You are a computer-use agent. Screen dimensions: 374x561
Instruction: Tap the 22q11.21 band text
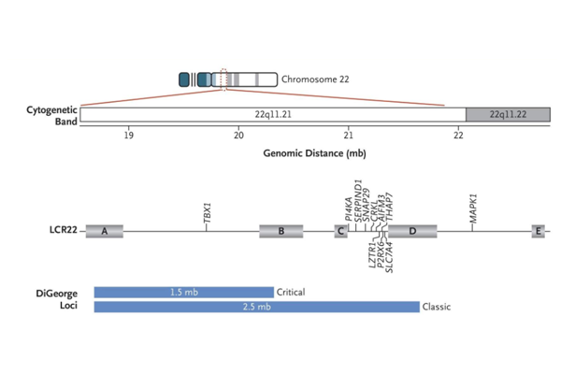tap(273, 113)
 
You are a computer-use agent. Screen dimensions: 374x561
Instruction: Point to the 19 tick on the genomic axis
tap(129, 135)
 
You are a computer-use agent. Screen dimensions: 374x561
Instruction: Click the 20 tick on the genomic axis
tap(239, 135)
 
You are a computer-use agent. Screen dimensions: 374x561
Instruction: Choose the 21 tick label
tap(349, 135)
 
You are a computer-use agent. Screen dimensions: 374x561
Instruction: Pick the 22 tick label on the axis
tap(458, 135)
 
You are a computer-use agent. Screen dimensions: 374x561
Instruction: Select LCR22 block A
tap(105, 231)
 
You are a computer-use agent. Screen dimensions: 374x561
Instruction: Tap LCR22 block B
tap(281, 231)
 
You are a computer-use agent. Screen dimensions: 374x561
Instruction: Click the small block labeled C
tap(341, 231)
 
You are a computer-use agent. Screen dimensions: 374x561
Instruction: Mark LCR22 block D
tap(412, 231)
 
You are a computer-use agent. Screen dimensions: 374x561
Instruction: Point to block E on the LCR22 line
tap(539, 231)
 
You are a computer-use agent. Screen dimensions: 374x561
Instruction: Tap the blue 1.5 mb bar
tap(184, 292)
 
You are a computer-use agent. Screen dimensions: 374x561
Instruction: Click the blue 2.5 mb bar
tap(256, 307)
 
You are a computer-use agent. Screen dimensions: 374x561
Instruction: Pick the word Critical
tap(292, 292)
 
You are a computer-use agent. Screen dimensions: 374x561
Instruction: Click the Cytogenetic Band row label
tap(49, 114)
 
